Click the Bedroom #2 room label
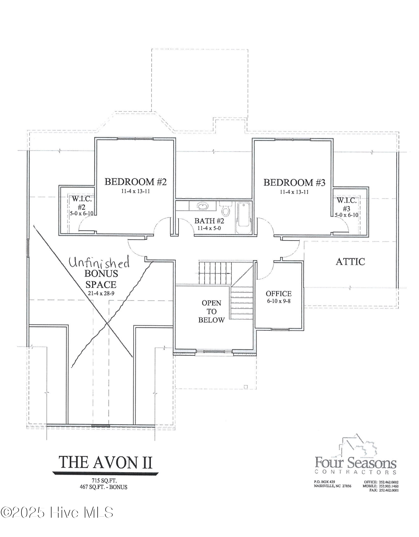coord(135,182)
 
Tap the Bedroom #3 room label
coord(294,183)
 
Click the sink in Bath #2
coord(203,206)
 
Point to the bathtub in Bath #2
coord(244,218)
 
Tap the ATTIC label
coord(350,262)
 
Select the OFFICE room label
coord(279,293)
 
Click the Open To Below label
coord(211,311)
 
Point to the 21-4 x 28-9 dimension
coord(101,293)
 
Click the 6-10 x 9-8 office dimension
coord(279,301)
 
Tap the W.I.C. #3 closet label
coord(346,204)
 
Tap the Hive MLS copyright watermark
coord(57,512)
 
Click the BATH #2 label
coord(209,221)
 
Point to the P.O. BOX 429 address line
coord(324,482)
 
